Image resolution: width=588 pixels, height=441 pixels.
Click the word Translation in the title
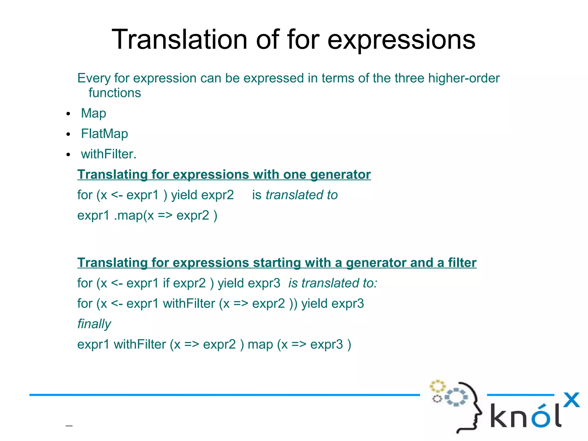pos(179,40)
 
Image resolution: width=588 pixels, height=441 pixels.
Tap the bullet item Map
pos(93,113)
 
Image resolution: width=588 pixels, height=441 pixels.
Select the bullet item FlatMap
pos(104,134)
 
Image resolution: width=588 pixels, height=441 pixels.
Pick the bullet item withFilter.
pos(108,154)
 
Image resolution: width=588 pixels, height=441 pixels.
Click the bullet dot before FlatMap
pos(68,134)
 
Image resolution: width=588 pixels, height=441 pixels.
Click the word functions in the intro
pos(115,93)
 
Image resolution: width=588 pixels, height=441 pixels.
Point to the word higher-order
pos(464,78)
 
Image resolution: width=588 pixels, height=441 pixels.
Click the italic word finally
pos(94,324)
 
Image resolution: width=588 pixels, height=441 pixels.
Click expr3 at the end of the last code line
pos(326,344)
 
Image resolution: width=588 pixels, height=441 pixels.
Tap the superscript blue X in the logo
pos(571,400)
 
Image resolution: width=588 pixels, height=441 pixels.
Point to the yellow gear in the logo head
pos(437,386)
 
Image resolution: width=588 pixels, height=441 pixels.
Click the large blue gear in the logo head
pos(456,397)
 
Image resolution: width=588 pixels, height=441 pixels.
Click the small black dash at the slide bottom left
pos(69,426)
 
